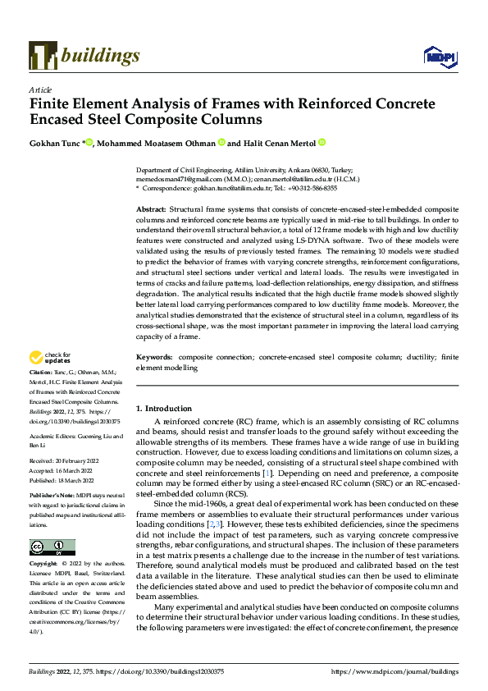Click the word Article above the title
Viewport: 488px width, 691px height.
[x=40, y=89]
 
